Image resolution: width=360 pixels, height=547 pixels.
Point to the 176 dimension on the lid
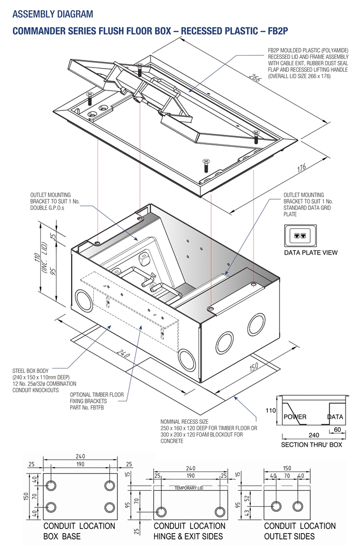coord(301,169)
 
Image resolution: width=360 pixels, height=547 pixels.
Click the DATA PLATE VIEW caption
coord(311,252)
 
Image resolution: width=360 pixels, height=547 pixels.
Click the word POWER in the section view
coord(295,416)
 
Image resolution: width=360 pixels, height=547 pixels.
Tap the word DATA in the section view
coord(335,416)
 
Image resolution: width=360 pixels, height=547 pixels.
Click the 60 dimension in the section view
coord(336,429)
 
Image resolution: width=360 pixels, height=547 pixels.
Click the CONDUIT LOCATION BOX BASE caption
coord(79,531)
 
